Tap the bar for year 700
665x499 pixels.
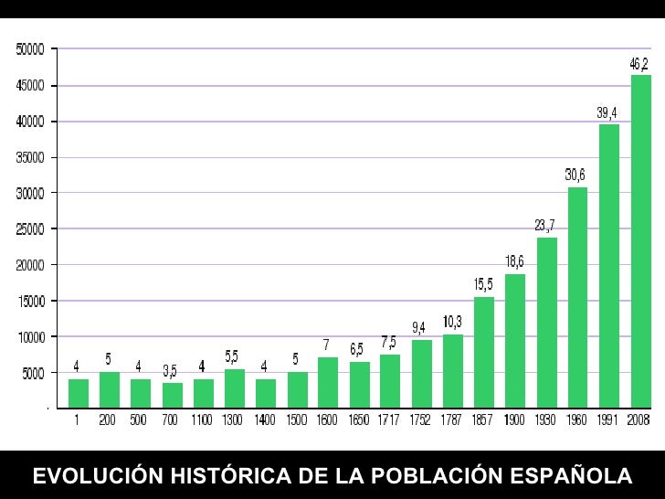pyautogui.click(x=172, y=396)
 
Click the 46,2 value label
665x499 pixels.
pyautogui.click(x=640, y=64)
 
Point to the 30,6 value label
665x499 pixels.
pyautogui.click(x=575, y=175)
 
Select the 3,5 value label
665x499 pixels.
pyautogui.click(x=170, y=371)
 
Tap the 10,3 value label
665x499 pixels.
pyautogui.click(x=452, y=322)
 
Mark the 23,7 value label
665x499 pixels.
pyautogui.click(x=545, y=225)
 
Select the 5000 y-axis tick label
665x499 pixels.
pyautogui.click(x=34, y=373)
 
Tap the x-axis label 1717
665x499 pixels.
pyautogui.click(x=389, y=421)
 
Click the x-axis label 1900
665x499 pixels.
pyautogui.click(x=515, y=421)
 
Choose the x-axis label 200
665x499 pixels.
pyautogui.click(x=109, y=421)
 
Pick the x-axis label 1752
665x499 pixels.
pyautogui.click(x=421, y=421)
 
